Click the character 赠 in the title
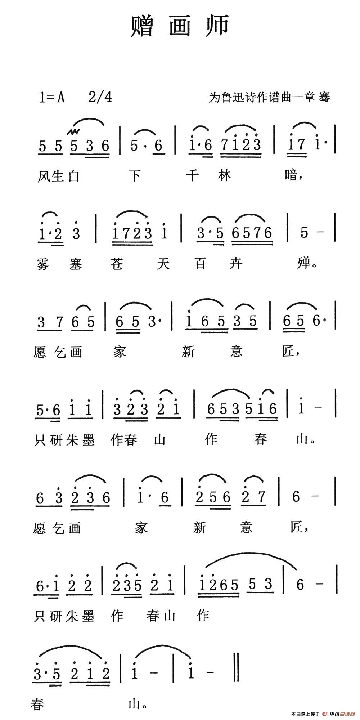(x=142, y=26)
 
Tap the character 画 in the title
(x=180, y=26)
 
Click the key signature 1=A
(x=51, y=97)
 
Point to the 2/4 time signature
(x=100, y=97)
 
